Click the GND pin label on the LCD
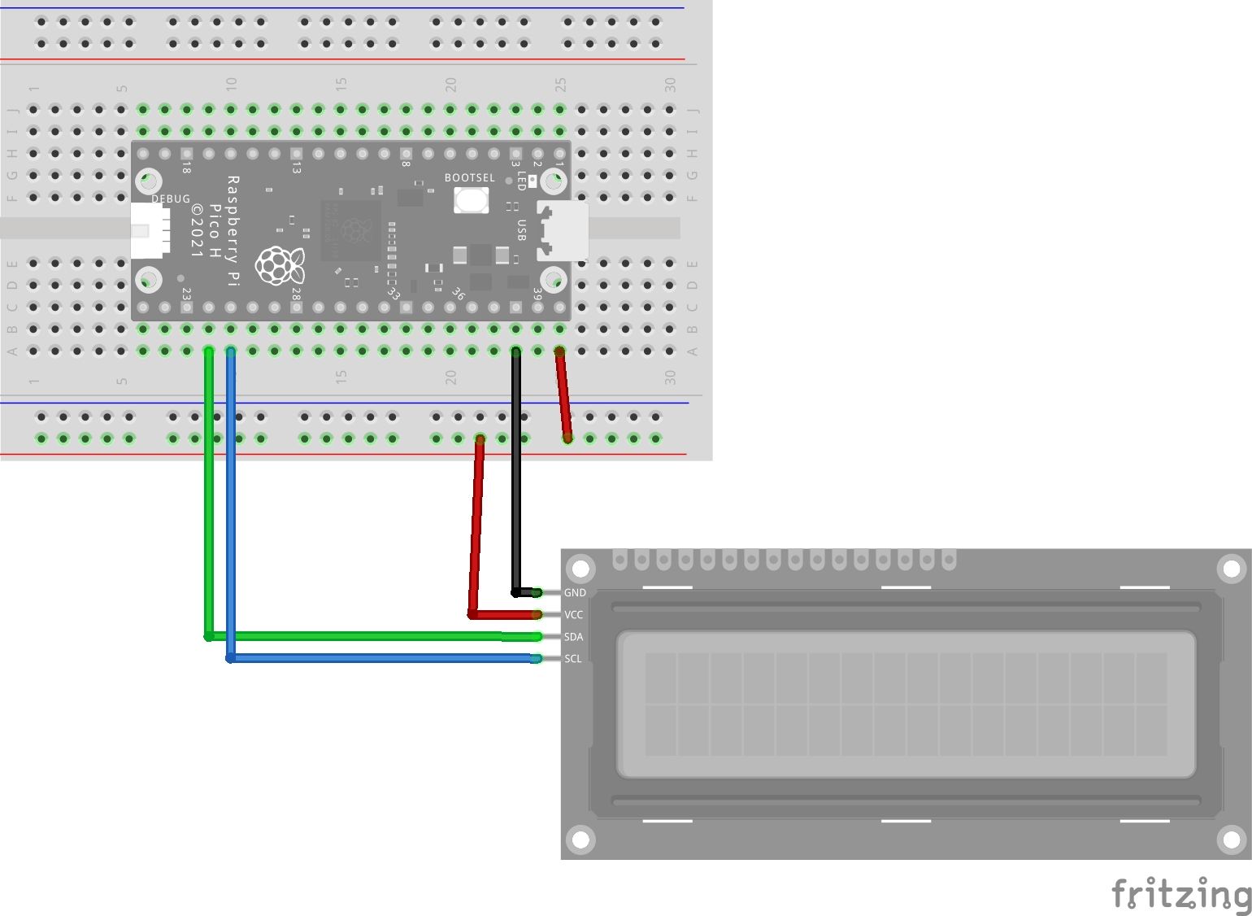[x=575, y=593]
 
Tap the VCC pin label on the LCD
[x=574, y=615]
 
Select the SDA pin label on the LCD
[x=574, y=637]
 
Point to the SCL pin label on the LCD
[x=573, y=659]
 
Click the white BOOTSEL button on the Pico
[x=471, y=200]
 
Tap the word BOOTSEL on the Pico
[x=469, y=178]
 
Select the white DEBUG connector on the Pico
[x=150, y=230]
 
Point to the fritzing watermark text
[x=1180, y=894]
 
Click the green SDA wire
[x=209, y=504]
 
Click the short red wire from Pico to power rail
[x=563, y=395]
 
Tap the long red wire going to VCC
[x=476, y=529]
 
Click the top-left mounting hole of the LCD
[x=580, y=568]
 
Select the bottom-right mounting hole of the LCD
[x=1231, y=840]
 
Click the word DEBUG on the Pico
[x=171, y=199]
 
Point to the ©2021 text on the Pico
[x=197, y=231]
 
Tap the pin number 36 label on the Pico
[x=458, y=294]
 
